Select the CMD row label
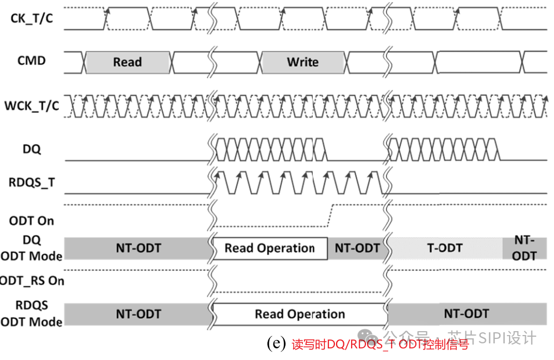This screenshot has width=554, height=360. [x=32, y=60]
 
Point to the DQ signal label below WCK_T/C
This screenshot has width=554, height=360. [x=32, y=149]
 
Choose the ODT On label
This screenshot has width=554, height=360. [x=32, y=221]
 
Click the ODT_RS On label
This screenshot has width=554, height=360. [x=32, y=281]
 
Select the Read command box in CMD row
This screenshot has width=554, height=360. [x=128, y=62]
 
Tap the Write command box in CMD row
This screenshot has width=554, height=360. [x=302, y=62]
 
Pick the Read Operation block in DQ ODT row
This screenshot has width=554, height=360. [x=270, y=248]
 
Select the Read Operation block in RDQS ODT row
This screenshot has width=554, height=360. [x=299, y=314]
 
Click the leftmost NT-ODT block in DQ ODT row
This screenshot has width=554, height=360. [x=138, y=248]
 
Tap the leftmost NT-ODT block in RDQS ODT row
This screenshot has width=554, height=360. [x=138, y=314]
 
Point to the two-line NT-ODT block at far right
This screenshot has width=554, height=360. [x=524, y=247]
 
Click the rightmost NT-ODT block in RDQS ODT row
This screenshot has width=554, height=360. [x=466, y=314]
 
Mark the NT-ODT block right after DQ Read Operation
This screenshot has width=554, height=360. [x=357, y=248]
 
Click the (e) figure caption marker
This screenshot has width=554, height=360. [x=276, y=343]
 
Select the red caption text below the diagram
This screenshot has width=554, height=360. [x=380, y=344]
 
